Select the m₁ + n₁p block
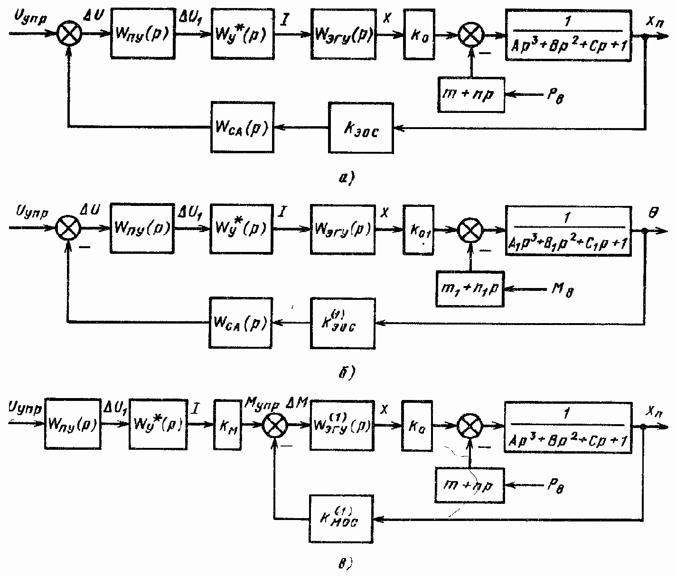pyautogui.click(x=470, y=288)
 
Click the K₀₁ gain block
pyautogui.click(x=418, y=230)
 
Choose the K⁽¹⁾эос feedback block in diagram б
pyautogui.click(x=342, y=323)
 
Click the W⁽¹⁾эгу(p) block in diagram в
pyautogui.click(x=342, y=425)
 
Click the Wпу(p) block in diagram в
pyautogui.click(x=73, y=424)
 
